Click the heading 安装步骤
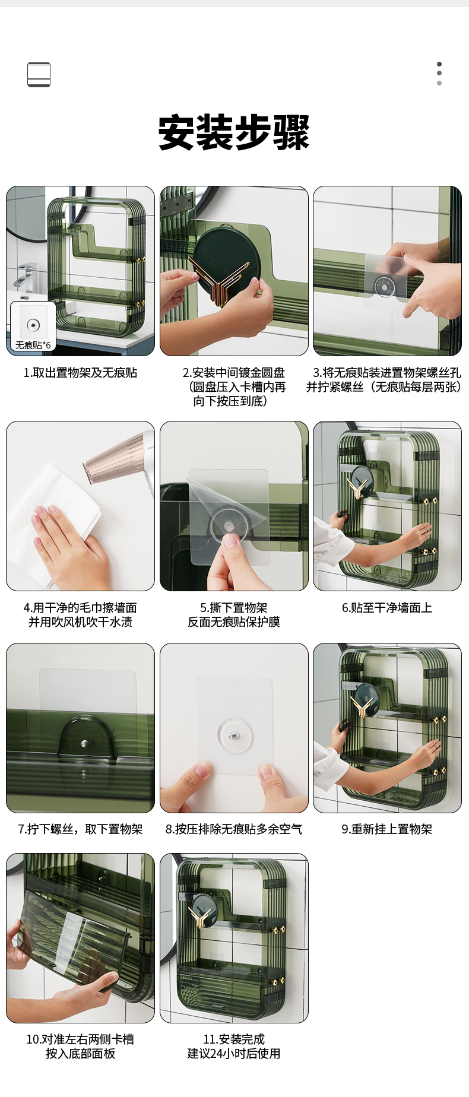(x=234, y=132)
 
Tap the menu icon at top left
(x=39, y=75)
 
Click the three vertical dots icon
(x=439, y=74)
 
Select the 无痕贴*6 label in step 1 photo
(x=33, y=345)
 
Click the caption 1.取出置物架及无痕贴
(x=80, y=373)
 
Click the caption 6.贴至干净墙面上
(x=387, y=608)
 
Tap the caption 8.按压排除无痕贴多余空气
(x=234, y=829)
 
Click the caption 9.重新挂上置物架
(x=387, y=829)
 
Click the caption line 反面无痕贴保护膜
(x=234, y=622)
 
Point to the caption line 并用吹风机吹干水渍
(x=80, y=622)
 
